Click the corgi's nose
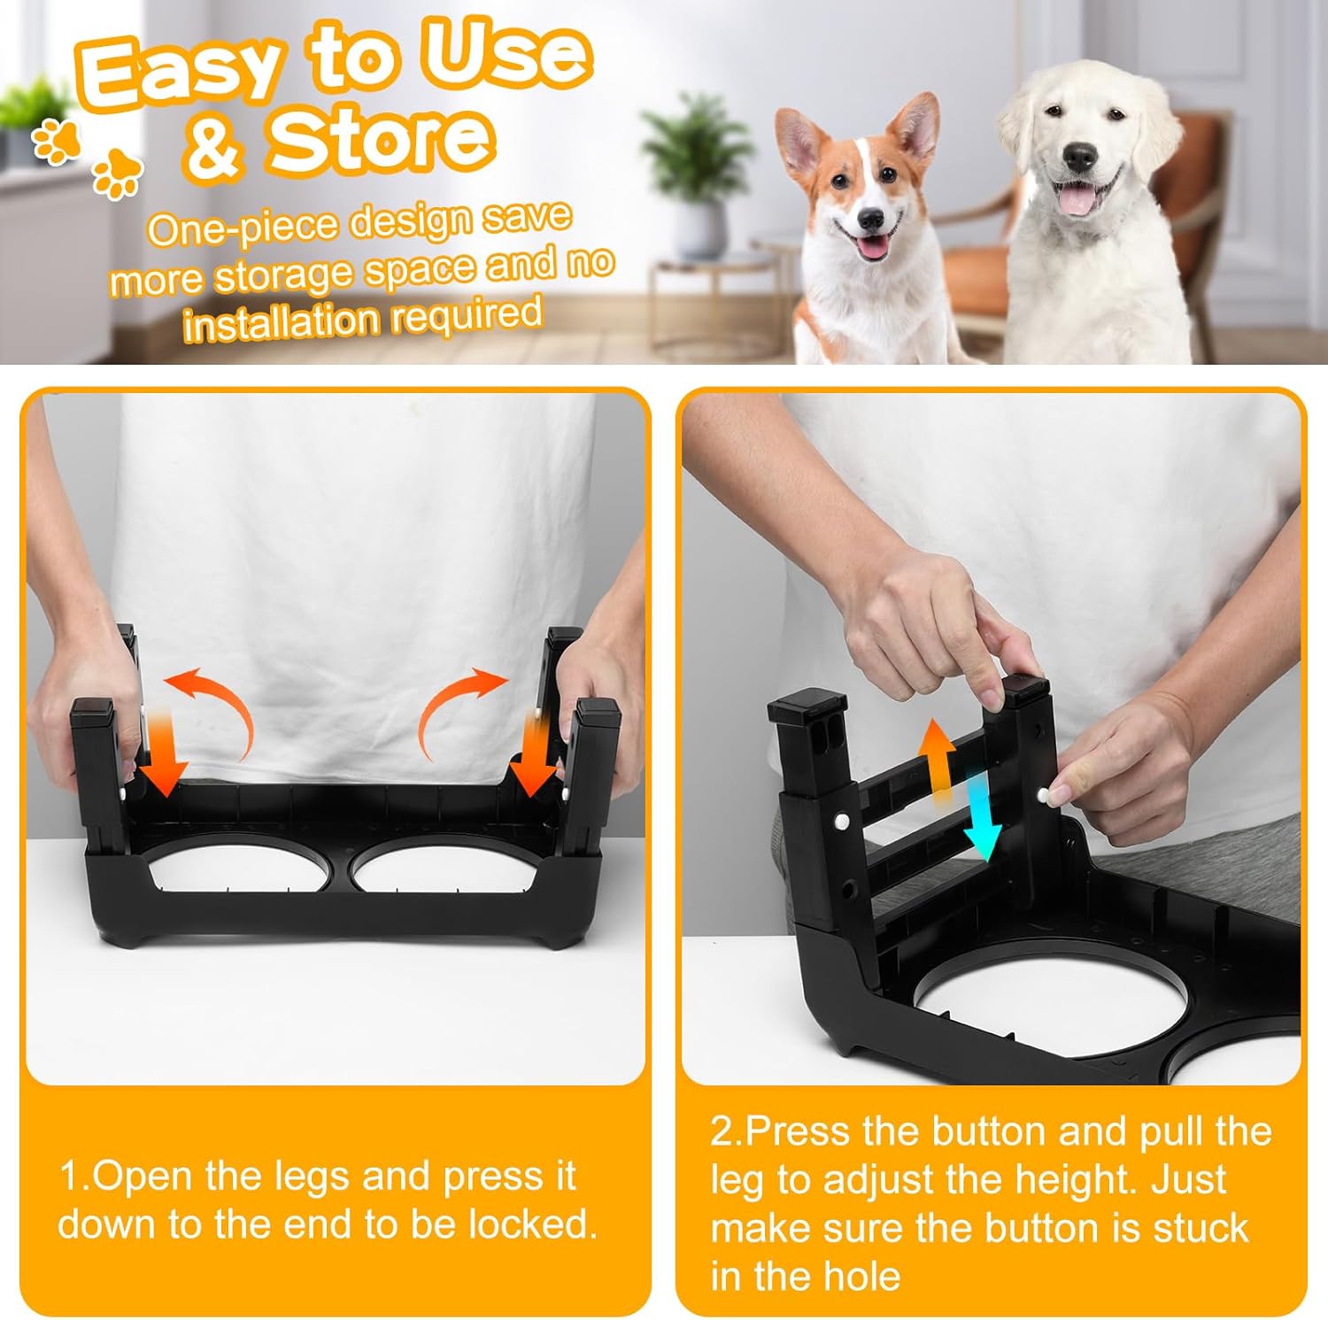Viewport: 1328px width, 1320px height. pyautogui.click(x=870, y=218)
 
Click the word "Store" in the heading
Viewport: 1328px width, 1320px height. pyautogui.click(x=381, y=142)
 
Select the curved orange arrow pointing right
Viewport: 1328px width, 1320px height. pyautogui.click(x=460, y=708)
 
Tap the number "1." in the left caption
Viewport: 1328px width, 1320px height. pyautogui.click(x=74, y=1177)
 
